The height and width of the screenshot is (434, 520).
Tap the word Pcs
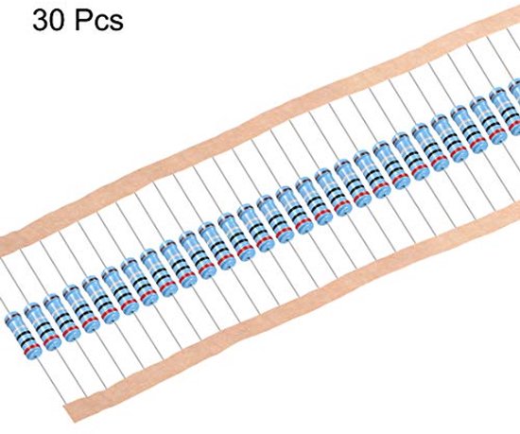click(x=99, y=21)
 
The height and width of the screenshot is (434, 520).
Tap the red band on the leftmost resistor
click(x=31, y=348)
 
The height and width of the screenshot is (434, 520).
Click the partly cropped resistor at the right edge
click(x=514, y=107)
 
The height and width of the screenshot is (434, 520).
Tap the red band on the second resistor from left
click(x=51, y=339)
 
